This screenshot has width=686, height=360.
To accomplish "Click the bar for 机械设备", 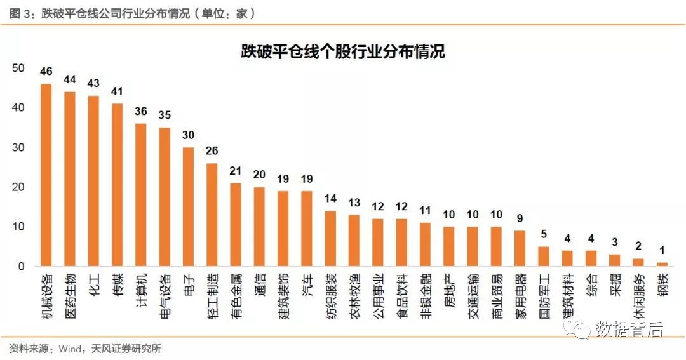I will [x=46, y=175].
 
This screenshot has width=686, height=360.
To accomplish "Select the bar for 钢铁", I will [x=662, y=264].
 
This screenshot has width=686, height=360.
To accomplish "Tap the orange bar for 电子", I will [x=188, y=206].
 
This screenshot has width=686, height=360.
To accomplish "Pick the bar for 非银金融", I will [x=426, y=244].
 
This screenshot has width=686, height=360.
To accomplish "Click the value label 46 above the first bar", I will [x=46, y=71].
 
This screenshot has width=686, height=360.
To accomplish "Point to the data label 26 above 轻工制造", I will [x=212, y=150].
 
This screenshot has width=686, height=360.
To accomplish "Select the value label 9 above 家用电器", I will [x=520, y=218].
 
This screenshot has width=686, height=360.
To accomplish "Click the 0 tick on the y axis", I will [x=21, y=267].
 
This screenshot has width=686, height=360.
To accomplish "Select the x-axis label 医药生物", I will [x=70, y=293].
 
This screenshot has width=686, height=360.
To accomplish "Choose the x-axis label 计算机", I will [x=142, y=289].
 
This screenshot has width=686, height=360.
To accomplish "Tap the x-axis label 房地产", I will [x=450, y=289].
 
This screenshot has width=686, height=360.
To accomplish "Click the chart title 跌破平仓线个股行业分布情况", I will [x=342, y=51].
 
